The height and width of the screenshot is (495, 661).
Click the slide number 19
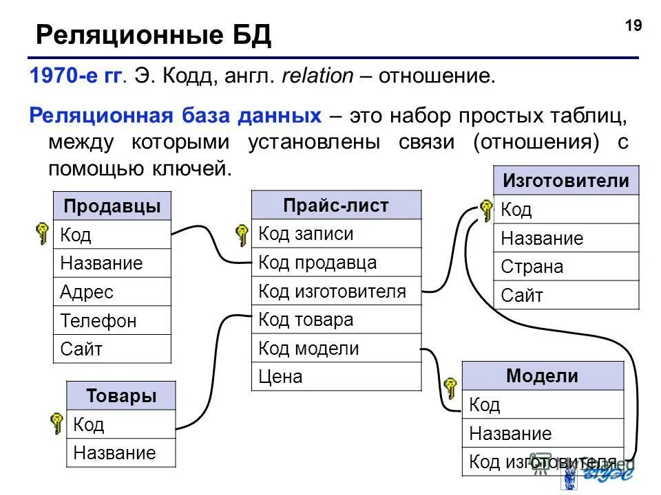[x=633, y=26]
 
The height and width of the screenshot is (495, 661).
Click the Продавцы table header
[x=112, y=206]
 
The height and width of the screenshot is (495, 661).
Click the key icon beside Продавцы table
[x=43, y=234]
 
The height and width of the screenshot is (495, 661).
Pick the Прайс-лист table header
[x=336, y=205]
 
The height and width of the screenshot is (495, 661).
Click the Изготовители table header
[x=566, y=181]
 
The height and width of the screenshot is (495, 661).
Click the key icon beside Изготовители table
[x=485, y=210]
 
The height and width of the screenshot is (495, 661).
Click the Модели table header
[x=543, y=376]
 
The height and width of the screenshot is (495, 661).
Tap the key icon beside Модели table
[x=451, y=388]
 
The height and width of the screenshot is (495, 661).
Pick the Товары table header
[x=121, y=396]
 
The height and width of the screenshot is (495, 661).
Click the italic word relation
[x=319, y=76]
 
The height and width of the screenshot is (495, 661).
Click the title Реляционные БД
[x=153, y=34]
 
